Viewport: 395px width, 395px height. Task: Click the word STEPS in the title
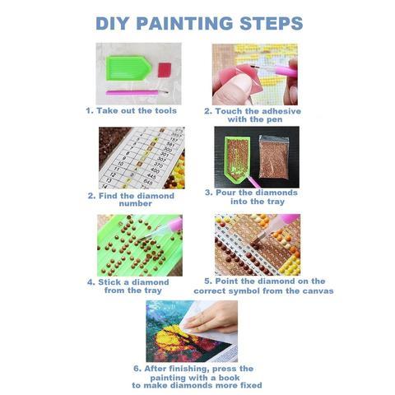click(270, 22)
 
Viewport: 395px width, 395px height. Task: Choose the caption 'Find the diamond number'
click(132, 199)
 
